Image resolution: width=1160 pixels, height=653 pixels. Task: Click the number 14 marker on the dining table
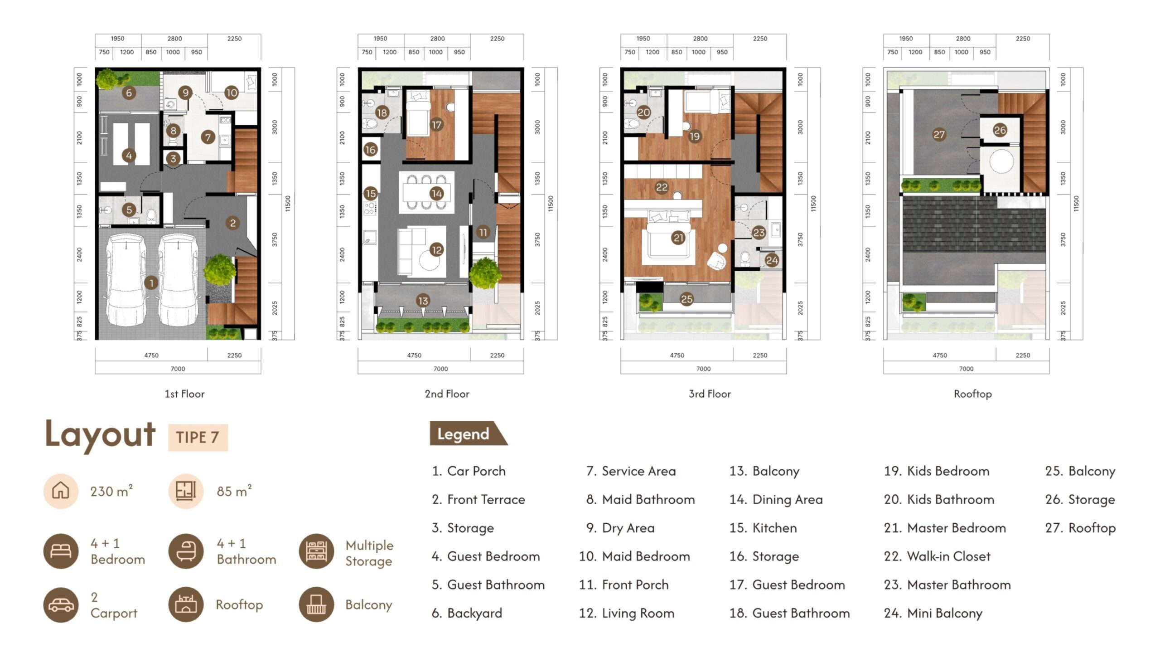436,194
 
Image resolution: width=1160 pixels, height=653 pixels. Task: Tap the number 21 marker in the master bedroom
678,238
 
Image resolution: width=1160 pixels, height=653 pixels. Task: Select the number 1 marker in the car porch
151,283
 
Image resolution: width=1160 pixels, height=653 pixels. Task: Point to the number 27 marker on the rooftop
939,134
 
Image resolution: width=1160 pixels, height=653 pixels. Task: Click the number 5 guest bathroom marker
129,210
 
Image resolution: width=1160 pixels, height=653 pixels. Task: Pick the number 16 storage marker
370,149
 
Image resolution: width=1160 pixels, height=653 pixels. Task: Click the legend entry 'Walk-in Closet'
937,556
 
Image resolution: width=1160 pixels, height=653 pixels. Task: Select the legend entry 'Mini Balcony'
933,614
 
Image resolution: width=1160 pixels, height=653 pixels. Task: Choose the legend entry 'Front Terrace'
478,500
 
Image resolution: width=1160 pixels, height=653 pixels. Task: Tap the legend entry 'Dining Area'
776,500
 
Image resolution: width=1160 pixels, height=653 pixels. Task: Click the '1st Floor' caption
184,394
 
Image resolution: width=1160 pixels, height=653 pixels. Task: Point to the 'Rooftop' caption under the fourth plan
973,394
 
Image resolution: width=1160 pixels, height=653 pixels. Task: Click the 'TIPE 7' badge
198,438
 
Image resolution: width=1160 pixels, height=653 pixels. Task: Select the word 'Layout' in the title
100,435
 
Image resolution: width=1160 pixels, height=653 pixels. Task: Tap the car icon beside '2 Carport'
61,605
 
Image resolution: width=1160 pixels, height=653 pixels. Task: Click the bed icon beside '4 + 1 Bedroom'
61,551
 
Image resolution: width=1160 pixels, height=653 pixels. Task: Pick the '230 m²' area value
111,491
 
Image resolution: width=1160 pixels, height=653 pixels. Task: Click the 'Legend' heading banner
468,434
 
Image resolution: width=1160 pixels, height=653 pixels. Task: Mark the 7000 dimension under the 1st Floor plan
178,369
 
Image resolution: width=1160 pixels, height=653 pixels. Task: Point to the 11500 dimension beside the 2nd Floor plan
551,204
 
